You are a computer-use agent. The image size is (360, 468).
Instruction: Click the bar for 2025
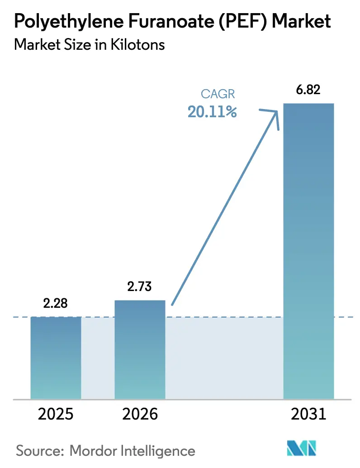(x=56, y=358)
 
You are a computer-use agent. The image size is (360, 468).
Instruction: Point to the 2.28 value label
(x=56, y=303)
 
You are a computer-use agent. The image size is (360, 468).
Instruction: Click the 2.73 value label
(x=140, y=286)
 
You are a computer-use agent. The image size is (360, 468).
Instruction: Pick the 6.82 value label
(x=308, y=90)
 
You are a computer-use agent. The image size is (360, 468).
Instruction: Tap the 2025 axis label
(x=56, y=414)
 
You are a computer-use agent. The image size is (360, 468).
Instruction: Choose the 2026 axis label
(x=140, y=414)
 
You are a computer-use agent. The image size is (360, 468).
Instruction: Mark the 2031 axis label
(x=308, y=414)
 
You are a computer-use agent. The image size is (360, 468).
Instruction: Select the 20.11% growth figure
(x=213, y=112)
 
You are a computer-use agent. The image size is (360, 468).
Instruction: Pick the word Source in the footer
(x=35, y=451)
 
